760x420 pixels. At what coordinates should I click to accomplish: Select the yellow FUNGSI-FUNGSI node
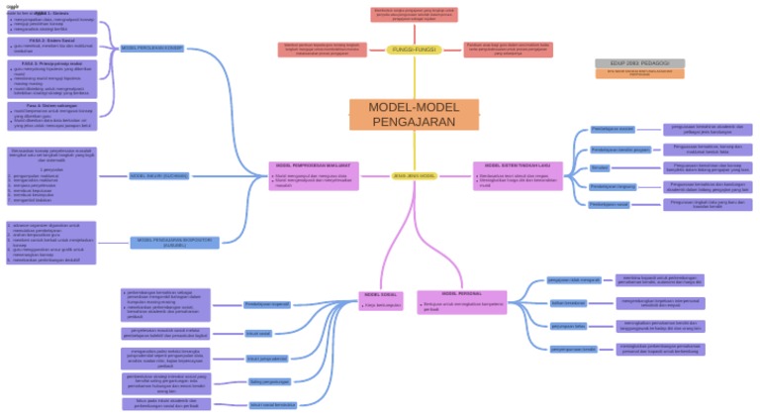[414, 50]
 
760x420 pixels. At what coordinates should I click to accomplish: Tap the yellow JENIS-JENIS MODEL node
[414, 175]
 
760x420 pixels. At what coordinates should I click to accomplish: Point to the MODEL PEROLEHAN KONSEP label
[151, 48]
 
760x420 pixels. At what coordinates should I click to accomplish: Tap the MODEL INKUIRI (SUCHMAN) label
[158, 175]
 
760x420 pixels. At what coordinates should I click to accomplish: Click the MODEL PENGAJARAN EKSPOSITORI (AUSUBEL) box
[174, 241]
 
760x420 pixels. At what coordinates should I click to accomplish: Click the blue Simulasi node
[600, 167]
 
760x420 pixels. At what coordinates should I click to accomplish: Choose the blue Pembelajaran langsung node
[613, 186]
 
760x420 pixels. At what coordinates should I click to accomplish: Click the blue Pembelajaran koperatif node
[266, 304]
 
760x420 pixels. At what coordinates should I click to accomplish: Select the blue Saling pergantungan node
[269, 381]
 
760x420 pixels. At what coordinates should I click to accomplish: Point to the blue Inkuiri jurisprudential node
[267, 358]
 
